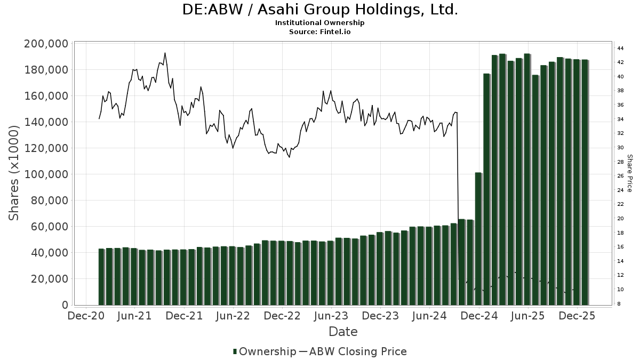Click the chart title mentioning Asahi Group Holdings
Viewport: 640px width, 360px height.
pyautogui.click(x=320, y=10)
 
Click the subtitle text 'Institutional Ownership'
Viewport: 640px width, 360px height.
pyautogui.click(x=320, y=23)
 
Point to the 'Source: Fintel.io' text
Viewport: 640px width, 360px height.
pyautogui.click(x=320, y=32)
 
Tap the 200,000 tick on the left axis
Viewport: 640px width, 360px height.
pyautogui.click(x=46, y=44)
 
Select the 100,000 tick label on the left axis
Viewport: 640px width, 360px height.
pyautogui.click(x=46, y=174)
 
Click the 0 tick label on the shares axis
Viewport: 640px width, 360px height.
pyautogui.click(x=65, y=305)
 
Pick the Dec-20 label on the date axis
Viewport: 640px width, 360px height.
pyautogui.click(x=85, y=316)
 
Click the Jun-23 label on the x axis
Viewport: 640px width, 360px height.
pyautogui.click(x=331, y=316)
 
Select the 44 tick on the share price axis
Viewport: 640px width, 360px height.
pyautogui.click(x=620, y=49)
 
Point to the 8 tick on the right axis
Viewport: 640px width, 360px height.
pyautogui.click(x=619, y=303)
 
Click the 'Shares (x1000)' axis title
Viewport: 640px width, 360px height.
pyautogui.click(x=14, y=173)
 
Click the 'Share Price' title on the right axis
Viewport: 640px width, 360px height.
pyautogui.click(x=629, y=173)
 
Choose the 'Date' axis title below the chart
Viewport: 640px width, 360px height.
pyautogui.click(x=343, y=332)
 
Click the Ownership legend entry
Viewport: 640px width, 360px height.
pyautogui.click(x=264, y=351)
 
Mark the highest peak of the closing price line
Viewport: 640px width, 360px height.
pyautogui.click(x=165, y=53)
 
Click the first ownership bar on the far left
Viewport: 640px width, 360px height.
pyautogui.click(x=101, y=277)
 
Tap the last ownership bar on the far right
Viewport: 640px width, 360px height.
pyautogui.click(x=585, y=182)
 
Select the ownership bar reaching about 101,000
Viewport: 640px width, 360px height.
pyautogui.click(x=478, y=238)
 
